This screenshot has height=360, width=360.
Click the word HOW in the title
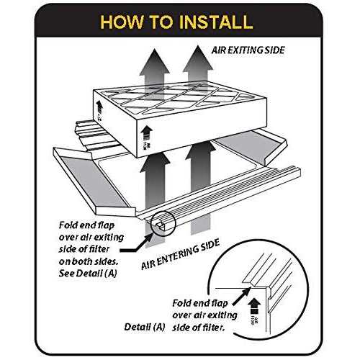point(125,22)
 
